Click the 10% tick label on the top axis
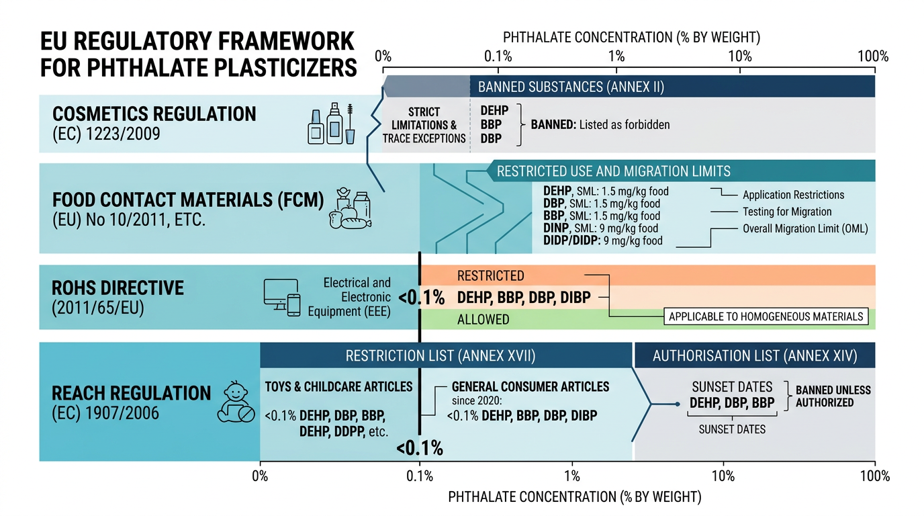coord(739,56)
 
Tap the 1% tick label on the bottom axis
coord(571,476)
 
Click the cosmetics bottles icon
coord(331,124)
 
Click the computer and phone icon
coord(282,298)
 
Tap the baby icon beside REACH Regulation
coord(236,402)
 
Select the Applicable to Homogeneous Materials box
coord(766,316)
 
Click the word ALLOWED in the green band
coord(483,320)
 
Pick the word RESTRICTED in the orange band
coord(490,275)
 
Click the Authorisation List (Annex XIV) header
coord(755,355)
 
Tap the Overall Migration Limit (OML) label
coord(805,228)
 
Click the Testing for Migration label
coord(787,212)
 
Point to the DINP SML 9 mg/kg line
coord(600,228)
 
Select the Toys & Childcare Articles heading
coord(338,386)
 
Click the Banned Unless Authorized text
coord(833,396)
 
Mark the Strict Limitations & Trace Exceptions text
coord(424,125)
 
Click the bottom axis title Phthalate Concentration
coord(575,497)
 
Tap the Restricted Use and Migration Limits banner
coord(681,171)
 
